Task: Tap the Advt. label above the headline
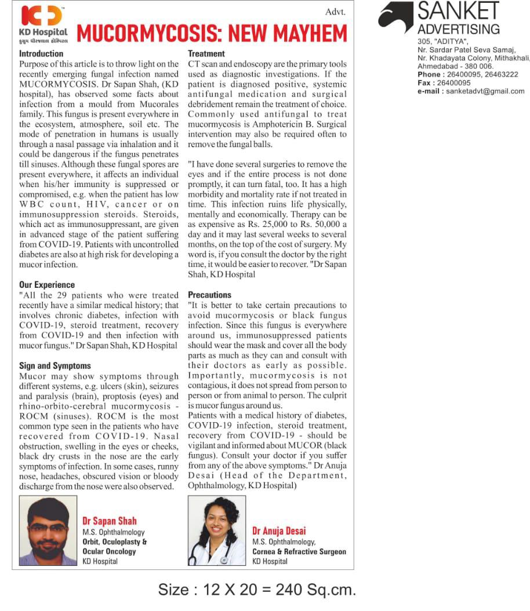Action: (335, 11)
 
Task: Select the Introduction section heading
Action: (41, 54)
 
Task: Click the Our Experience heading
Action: (47, 285)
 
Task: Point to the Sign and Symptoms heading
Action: (55, 366)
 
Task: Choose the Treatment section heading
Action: (206, 54)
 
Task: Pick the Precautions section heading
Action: (210, 295)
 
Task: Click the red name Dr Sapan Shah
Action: (110, 521)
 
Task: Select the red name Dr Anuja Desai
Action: (279, 530)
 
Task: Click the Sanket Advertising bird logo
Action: (396, 17)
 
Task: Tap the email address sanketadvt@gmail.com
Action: (485, 91)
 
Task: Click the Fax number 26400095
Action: (455, 83)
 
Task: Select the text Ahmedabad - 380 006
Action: (449, 66)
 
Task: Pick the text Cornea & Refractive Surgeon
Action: (299, 551)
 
